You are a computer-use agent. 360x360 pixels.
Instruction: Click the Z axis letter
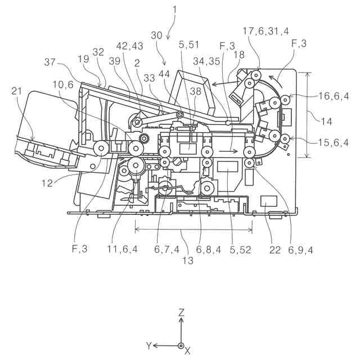point(181,312)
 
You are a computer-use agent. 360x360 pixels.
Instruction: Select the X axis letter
point(188,350)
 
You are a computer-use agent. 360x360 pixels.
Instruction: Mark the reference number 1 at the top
point(174,8)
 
